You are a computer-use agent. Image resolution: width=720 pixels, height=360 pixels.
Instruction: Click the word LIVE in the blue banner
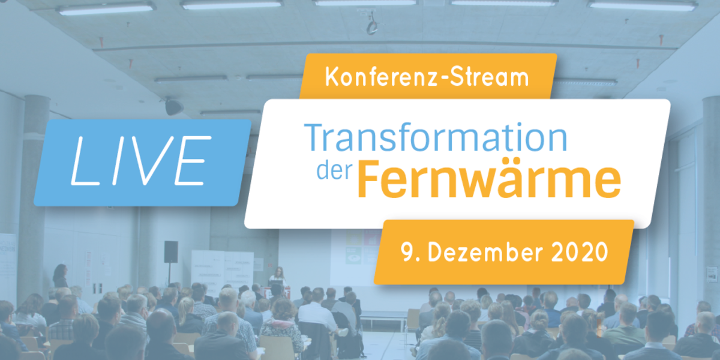(x=141, y=161)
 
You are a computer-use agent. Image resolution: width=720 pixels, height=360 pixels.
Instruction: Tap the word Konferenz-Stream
(x=427, y=77)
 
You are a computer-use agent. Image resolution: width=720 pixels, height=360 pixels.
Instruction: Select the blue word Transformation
(x=436, y=137)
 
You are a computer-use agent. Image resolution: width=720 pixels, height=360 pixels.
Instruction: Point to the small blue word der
(x=335, y=170)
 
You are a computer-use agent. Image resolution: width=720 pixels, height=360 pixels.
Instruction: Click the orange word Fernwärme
(x=489, y=178)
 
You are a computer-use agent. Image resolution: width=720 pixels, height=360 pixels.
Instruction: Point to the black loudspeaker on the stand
(x=171, y=251)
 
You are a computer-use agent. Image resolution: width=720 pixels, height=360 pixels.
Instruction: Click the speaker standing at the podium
(x=278, y=276)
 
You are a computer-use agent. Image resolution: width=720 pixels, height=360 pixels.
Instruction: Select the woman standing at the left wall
(x=61, y=276)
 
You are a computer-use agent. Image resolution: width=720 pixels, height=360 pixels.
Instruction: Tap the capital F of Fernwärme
(x=369, y=179)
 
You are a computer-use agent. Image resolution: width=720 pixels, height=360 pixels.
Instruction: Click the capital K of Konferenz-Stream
(x=332, y=77)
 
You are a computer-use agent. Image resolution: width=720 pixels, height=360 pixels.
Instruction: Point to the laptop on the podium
(x=276, y=283)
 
